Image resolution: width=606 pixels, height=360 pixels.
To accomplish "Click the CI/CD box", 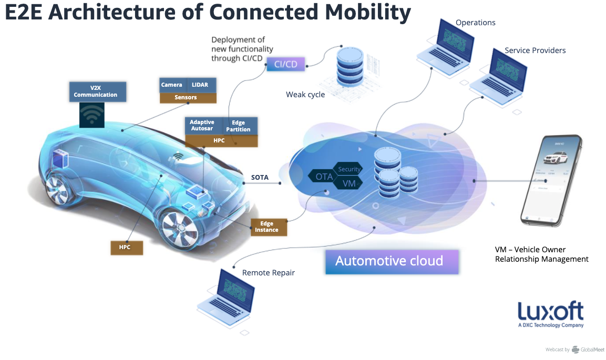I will (x=286, y=65).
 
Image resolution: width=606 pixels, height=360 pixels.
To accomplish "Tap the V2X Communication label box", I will (x=98, y=91).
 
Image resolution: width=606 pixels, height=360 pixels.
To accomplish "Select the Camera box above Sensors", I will (x=172, y=85).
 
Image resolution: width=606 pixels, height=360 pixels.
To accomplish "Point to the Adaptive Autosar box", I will (x=202, y=126).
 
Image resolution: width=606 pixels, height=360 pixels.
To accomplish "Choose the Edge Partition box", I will (x=238, y=126).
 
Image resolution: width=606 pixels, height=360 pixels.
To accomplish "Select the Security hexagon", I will (x=349, y=169).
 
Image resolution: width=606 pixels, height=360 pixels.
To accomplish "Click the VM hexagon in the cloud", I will (x=349, y=183).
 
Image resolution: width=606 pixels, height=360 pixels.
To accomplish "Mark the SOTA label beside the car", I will (x=260, y=178).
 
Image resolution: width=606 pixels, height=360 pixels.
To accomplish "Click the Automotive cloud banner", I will (x=389, y=261).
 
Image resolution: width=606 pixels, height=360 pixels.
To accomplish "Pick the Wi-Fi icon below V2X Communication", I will (x=93, y=115).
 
